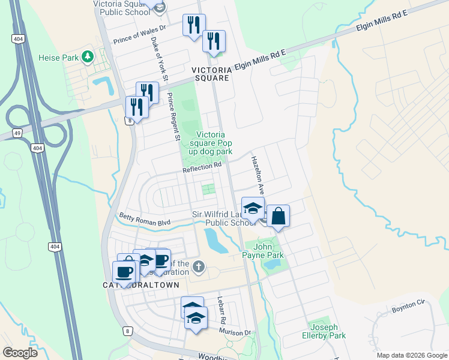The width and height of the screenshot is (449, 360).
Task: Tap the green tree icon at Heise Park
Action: click(x=88, y=56)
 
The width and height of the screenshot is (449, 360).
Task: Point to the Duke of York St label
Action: click(x=159, y=59)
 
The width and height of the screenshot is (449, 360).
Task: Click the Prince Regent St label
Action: click(x=174, y=117)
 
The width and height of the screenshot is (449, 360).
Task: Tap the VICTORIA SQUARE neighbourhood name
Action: click(x=210, y=74)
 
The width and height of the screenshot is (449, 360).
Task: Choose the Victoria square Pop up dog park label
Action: click(x=206, y=144)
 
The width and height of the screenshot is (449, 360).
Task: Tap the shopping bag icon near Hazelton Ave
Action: click(x=279, y=215)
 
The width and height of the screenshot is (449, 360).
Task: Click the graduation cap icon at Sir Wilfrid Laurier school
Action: click(x=253, y=208)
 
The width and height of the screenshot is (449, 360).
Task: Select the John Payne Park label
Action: click(x=261, y=250)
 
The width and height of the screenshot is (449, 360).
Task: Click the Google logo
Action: click(x=20, y=352)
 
